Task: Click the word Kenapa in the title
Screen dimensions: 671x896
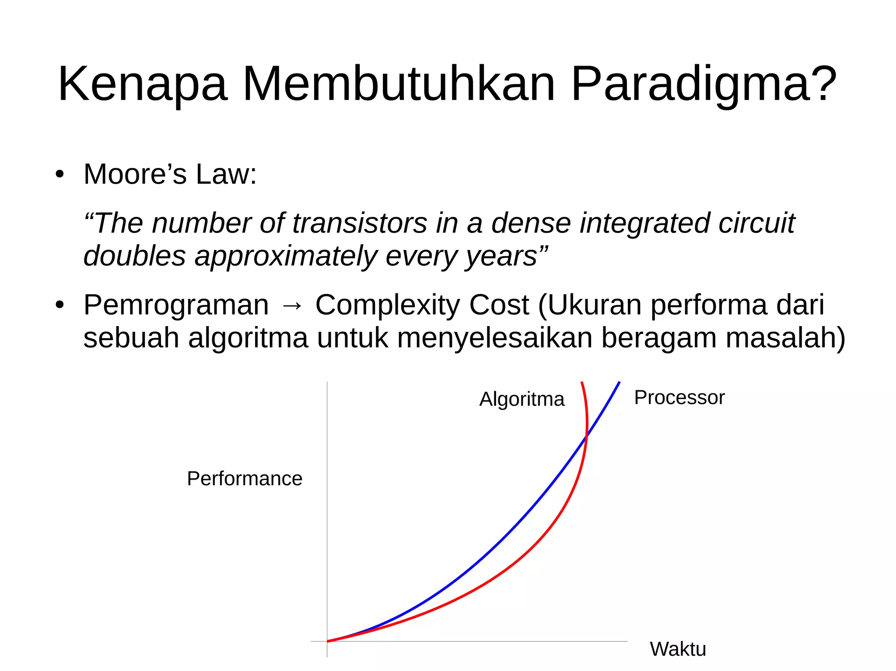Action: coord(143,84)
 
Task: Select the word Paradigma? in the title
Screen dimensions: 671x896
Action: coord(703,84)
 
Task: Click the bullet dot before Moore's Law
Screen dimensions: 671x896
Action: coord(60,175)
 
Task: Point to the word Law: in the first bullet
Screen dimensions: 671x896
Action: coord(226,174)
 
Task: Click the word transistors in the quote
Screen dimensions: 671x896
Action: coord(359,223)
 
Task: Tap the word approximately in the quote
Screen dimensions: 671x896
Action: coord(286,256)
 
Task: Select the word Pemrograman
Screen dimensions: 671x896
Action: coord(176,305)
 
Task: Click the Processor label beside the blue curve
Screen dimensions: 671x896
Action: coord(679,398)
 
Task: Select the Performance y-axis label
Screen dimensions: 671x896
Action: coord(245,479)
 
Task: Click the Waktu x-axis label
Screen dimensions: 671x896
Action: coord(678,649)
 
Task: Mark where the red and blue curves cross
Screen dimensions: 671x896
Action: coord(586,436)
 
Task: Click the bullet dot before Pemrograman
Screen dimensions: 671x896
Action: coord(60,306)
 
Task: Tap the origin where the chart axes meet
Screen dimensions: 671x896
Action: coord(327,641)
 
